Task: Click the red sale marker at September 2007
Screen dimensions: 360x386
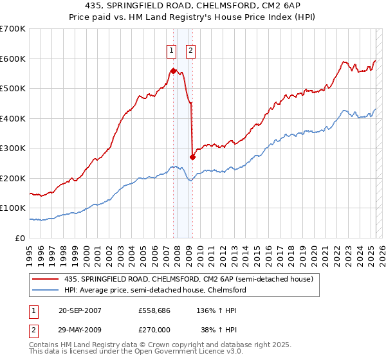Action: pyautogui.click(x=173, y=71)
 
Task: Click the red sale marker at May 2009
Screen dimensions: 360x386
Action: pyautogui.click(x=192, y=157)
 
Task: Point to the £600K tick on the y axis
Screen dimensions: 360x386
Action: pyautogui.click(x=14, y=59)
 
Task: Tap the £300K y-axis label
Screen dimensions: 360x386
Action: pyautogui.click(x=14, y=148)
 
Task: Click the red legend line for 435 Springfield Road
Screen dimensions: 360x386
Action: pyautogui.click(x=46, y=280)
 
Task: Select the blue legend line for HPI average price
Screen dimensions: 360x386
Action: pyautogui.click(x=46, y=291)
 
